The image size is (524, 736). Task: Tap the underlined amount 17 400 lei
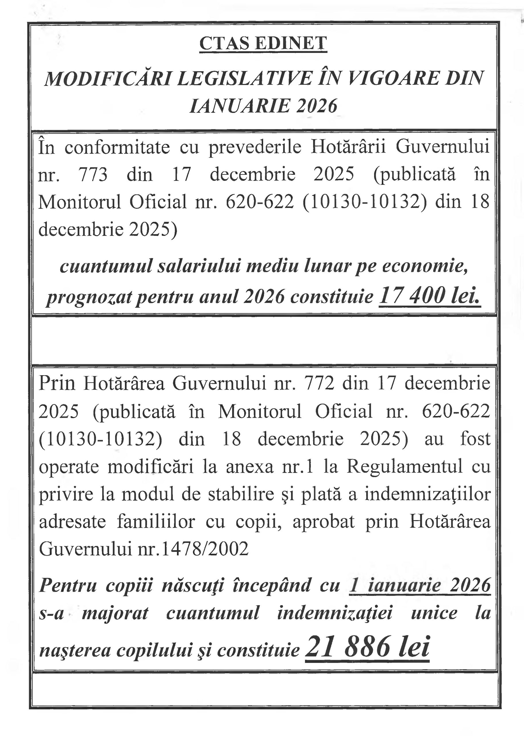(x=429, y=296)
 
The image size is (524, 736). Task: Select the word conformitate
(x=117, y=147)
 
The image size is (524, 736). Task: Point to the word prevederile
(x=255, y=147)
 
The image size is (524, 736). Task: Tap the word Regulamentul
(x=404, y=467)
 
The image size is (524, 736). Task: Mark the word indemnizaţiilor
(x=427, y=494)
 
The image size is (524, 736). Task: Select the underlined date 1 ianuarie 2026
(x=420, y=585)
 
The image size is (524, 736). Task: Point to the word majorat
(x=115, y=613)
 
